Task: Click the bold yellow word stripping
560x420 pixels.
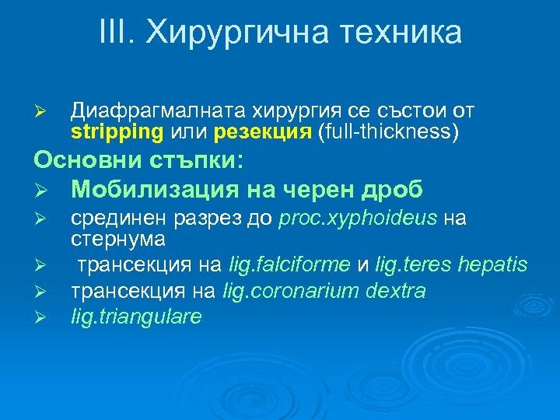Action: [117, 131]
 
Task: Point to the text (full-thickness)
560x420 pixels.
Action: [387, 131]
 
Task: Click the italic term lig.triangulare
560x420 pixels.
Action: [137, 317]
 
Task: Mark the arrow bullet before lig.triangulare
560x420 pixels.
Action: [44, 317]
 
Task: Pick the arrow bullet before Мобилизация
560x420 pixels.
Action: [44, 190]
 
